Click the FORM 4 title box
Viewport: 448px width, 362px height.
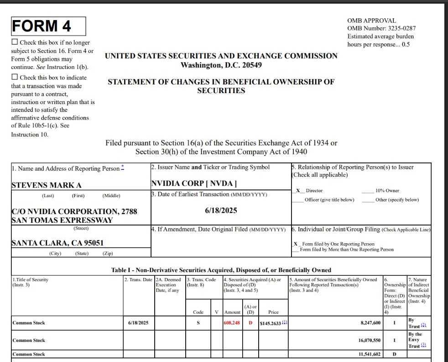pos(48,26)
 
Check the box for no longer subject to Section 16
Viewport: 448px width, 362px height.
pos(15,42)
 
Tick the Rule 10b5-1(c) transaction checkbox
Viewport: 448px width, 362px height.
pos(15,77)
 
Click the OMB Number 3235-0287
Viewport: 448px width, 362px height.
pos(381,28)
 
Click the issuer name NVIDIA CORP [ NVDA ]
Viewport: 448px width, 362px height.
pos(194,184)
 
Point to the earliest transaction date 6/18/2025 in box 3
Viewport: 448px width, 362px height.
pos(221,210)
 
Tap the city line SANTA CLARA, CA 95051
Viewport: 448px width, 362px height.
pos(57,243)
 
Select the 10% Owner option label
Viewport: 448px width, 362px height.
pos(387,190)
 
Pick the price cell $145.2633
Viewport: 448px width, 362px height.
pos(271,323)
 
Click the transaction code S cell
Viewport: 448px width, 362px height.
pos(198,323)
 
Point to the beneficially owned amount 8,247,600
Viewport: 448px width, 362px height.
pos(370,323)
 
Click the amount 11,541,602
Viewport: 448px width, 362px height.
pos(369,354)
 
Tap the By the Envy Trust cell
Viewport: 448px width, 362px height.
pos(416,340)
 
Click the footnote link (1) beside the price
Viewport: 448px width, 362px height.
pos(285,322)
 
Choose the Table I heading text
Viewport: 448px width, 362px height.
pos(221,270)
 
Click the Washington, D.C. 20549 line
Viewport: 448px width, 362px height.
pos(221,65)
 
